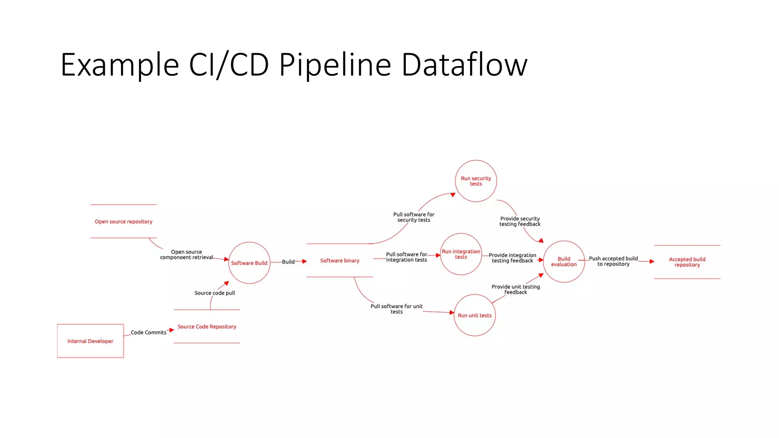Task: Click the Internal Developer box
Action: (90, 341)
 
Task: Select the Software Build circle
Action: (249, 263)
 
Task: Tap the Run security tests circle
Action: (476, 181)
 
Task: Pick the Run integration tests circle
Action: (461, 254)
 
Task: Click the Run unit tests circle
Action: (474, 315)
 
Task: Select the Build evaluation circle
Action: (564, 262)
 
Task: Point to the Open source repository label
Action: (123, 222)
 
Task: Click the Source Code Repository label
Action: (207, 327)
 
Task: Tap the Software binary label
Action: (340, 260)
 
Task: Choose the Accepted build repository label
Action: (687, 262)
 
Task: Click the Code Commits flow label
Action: (148, 332)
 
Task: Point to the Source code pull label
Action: (215, 293)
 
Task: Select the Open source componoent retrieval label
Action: (186, 255)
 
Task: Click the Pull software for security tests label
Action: (413, 217)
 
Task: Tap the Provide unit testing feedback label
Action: (515, 289)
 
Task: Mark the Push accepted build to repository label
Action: (613, 261)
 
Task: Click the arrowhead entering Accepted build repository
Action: (652, 262)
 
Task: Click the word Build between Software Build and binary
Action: (288, 262)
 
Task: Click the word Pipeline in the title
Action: (335, 65)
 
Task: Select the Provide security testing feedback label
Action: (520, 221)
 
